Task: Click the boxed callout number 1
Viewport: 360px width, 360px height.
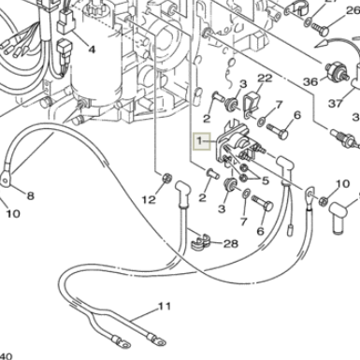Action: pyautogui.click(x=198, y=140)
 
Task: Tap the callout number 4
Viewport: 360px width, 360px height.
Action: pyautogui.click(x=92, y=49)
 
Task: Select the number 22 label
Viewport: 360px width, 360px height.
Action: pyautogui.click(x=265, y=78)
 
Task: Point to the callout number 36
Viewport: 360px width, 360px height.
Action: pyautogui.click(x=310, y=81)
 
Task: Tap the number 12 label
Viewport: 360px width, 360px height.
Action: pyautogui.click(x=149, y=199)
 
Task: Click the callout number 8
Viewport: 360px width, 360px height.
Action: pyautogui.click(x=30, y=195)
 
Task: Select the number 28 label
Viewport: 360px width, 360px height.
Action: pyautogui.click(x=230, y=244)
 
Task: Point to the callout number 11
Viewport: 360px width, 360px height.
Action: pyautogui.click(x=165, y=306)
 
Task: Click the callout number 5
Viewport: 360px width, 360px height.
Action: pyautogui.click(x=265, y=180)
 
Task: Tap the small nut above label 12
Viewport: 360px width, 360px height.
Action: pyautogui.click(x=166, y=178)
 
